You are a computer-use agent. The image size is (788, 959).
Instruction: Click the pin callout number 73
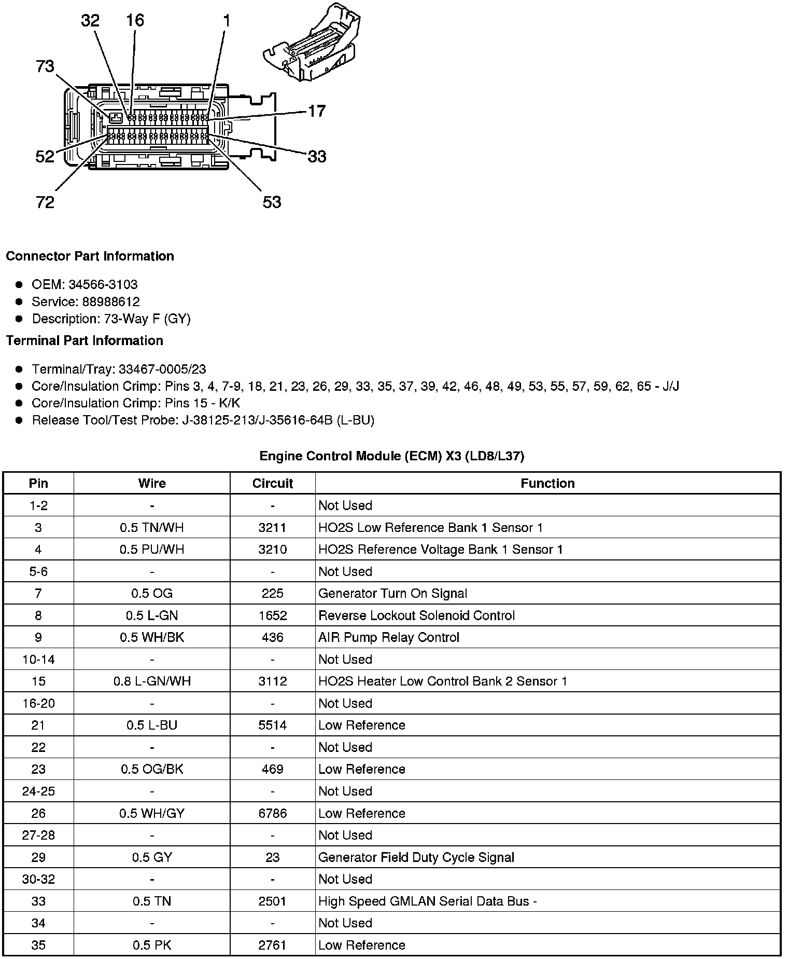point(45,66)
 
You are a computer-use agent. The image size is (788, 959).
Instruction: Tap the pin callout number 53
point(272,202)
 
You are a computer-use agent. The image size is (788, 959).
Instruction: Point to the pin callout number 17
point(317,111)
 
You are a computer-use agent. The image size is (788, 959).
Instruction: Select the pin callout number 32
point(90,21)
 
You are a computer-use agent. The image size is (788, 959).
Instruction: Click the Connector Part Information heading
point(90,256)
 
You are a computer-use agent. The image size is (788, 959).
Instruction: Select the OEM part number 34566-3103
point(103,284)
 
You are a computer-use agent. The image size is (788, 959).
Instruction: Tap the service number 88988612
point(111,302)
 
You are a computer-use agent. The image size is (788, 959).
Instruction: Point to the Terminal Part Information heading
point(85,340)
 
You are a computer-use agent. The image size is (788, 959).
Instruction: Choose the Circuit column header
point(273,484)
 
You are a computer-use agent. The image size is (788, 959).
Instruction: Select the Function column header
point(547,484)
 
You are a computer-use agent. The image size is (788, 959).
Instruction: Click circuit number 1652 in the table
point(273,615)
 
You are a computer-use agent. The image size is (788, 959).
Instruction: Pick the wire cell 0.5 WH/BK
point(152,637)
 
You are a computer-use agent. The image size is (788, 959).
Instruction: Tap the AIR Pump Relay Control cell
point(389,637)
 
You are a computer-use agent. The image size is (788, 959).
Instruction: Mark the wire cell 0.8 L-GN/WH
point(152,681)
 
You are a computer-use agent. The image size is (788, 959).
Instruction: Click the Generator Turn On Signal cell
point(392,594)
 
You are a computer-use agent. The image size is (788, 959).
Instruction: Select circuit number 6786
point(273,813)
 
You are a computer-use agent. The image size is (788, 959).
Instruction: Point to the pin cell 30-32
point(38,879)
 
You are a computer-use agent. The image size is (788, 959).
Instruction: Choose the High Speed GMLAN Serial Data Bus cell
point(427,901)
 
